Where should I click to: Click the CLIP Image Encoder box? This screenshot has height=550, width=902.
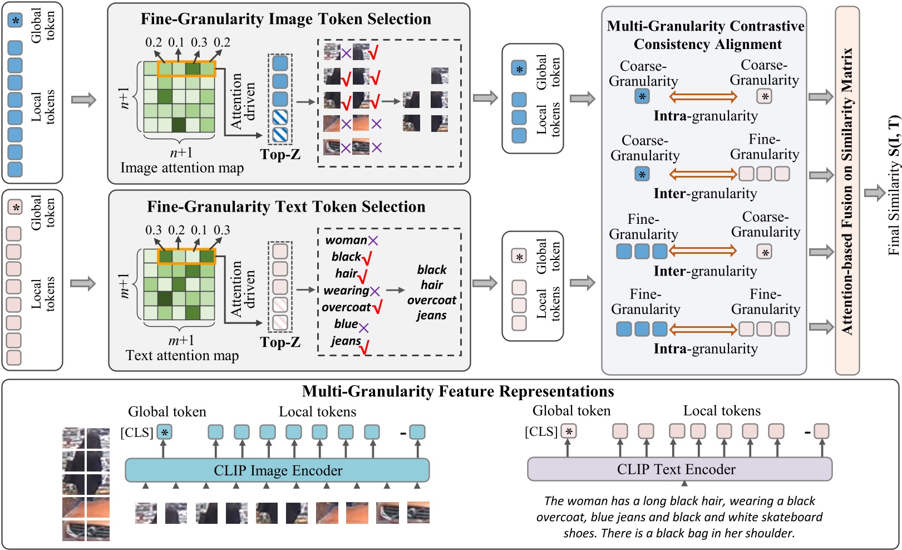point(277,470)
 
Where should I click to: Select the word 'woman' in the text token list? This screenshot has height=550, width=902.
point(346,240)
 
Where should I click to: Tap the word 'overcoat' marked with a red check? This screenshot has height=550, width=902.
point(346,307)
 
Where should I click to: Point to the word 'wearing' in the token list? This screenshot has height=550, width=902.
point(346,291)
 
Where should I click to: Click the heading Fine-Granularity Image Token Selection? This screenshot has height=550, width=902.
point(285,19)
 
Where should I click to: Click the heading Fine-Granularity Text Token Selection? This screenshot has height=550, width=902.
point(286,207)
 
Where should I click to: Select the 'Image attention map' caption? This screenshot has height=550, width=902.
point(182,168)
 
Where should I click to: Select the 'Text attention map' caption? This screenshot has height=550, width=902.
point(182,356)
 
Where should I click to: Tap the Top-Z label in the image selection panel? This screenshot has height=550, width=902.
point(280,155)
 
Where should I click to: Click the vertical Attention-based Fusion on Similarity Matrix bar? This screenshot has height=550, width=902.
point(847,191)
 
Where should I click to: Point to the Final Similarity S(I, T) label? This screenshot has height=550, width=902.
point(894,185)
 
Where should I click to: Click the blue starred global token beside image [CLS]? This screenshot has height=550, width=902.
point(164,432)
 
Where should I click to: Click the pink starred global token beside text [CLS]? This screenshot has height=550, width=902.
point(569,431)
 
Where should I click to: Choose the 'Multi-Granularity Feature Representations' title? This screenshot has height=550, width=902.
point(457,392)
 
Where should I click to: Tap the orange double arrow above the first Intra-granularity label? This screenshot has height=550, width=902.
point(703,97)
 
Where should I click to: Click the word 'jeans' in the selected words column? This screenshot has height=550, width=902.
point(431,316)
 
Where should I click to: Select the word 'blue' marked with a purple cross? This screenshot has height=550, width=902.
point(346,324)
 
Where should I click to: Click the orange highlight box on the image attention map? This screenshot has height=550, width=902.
point(186,69)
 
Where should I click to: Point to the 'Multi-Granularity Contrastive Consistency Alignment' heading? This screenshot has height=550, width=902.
point(706,35)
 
